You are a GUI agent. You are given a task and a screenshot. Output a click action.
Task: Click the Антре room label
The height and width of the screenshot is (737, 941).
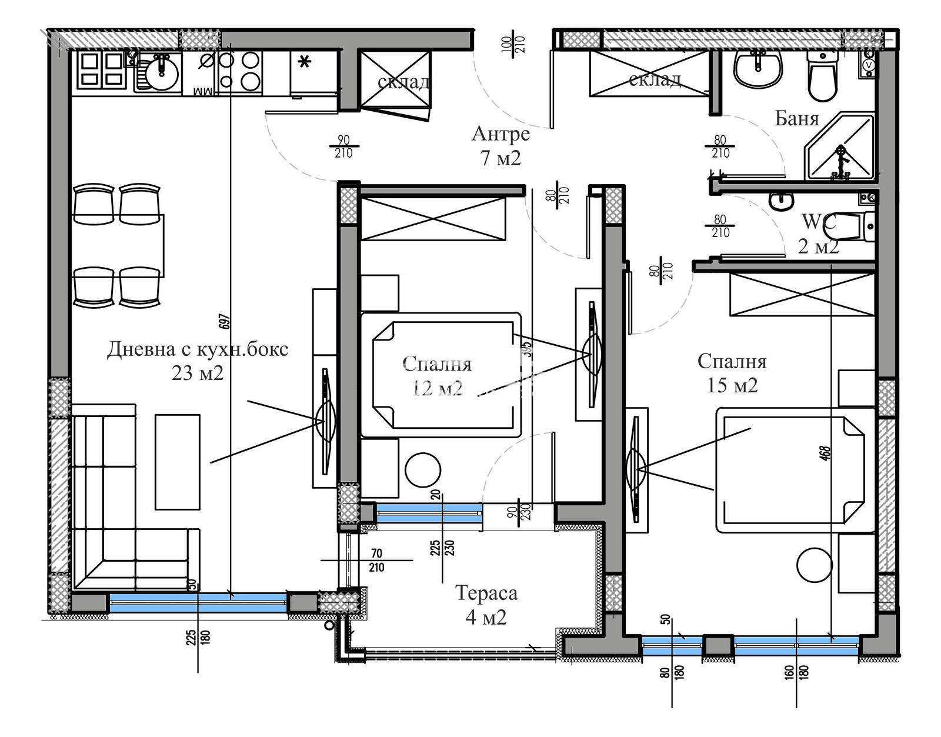(500, 134)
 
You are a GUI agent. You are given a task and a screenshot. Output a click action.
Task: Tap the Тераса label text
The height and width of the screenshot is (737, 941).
(486, 593)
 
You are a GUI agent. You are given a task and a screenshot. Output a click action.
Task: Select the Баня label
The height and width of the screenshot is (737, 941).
(797, 119)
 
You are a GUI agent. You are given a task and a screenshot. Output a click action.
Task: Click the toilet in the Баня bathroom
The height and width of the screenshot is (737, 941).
(822, 75)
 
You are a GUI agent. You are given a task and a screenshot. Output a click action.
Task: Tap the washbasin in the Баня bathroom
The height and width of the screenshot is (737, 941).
(758, 68)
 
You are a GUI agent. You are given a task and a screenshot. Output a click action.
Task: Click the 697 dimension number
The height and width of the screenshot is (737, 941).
(225, 321)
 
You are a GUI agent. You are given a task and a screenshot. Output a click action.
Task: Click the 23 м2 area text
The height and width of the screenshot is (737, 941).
(198, 373)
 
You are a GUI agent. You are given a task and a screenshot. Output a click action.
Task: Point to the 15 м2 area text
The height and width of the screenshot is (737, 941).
(732, 385)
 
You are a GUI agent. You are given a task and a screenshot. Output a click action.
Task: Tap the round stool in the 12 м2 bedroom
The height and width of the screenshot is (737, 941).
(423, 469)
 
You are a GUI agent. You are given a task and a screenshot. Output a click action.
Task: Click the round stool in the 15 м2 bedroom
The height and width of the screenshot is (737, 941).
(815, 565)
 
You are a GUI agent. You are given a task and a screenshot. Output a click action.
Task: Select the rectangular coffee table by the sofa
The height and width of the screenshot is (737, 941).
(178, 462)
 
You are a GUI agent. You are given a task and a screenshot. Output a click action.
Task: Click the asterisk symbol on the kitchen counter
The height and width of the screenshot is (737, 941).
(304, 62)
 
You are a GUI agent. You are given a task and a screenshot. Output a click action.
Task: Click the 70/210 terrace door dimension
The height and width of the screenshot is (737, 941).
(376, 561)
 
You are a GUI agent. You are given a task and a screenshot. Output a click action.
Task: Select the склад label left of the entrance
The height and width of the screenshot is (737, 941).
(403, 82)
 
